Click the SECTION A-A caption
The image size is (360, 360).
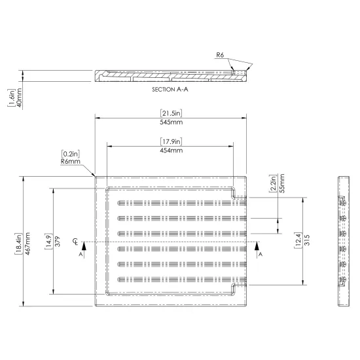170,89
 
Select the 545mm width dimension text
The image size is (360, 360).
171,122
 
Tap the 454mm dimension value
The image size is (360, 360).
171,151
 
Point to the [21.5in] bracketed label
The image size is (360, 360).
171,113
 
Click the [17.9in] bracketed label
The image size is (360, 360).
171,141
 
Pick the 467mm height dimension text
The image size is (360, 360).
27,243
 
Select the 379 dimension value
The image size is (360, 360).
58,242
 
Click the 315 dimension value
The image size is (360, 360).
307,240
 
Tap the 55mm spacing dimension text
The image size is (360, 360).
282,183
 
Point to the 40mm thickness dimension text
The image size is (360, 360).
19,98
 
